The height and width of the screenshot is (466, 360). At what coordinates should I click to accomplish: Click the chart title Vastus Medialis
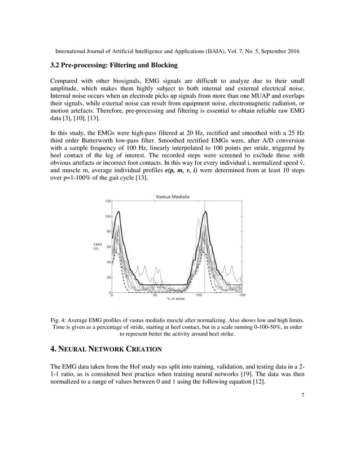173,196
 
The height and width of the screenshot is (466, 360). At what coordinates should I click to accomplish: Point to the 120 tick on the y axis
107,201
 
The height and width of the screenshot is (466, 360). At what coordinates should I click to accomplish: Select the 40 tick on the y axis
108,262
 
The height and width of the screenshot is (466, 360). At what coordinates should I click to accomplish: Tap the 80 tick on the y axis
108,231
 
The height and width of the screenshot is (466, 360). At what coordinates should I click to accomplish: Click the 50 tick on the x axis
155,295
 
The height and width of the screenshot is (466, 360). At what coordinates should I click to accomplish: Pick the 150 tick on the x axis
242,295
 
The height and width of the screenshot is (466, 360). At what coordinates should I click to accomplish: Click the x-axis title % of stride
176,300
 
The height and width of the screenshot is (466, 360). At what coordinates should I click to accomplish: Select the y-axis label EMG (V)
97,246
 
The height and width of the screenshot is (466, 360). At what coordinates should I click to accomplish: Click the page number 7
303,394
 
